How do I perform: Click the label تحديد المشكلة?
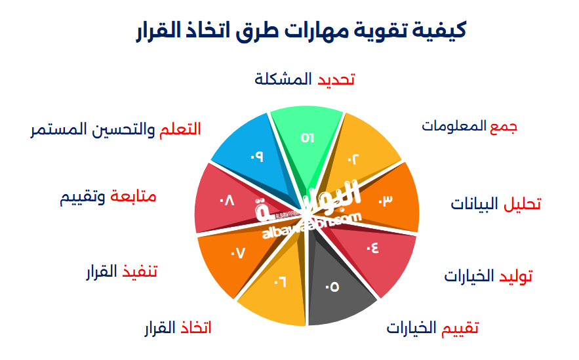click(305, 79)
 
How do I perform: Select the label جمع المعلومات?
click(469, 126)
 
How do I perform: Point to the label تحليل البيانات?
click(496, 204)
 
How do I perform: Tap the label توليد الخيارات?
click(488, 276)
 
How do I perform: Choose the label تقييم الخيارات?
click(432, 327)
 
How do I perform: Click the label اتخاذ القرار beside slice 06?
click(178, 327)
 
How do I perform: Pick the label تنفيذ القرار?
click(122, 271)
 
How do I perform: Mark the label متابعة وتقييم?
click(109, 197)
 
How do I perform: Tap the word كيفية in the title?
click(437, 30)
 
